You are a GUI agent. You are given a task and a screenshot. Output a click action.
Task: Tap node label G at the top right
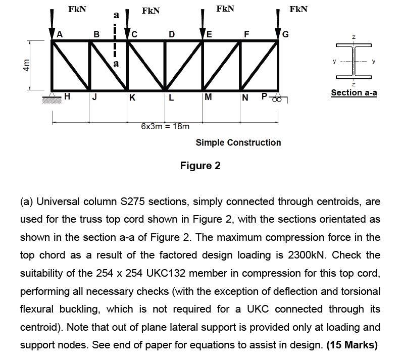(286, 34)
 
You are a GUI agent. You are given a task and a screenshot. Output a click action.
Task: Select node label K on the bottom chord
(132, 97)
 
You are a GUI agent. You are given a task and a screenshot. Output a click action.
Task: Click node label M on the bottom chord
(209, 97)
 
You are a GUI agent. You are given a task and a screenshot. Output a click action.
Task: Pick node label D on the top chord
(172, 34)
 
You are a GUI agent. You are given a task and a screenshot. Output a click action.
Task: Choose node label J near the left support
(95, 97)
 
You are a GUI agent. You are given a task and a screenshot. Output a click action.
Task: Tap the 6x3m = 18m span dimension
(165, 126)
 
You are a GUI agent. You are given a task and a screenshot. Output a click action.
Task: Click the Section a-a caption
(354, 92)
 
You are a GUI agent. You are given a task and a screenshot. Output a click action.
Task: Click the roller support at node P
(277, 99)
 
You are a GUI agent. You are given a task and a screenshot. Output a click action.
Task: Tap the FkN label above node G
(298, 9)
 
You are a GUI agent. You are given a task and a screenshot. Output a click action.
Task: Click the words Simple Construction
(238, 142)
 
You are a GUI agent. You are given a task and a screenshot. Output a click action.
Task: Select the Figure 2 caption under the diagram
(200, 166)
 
